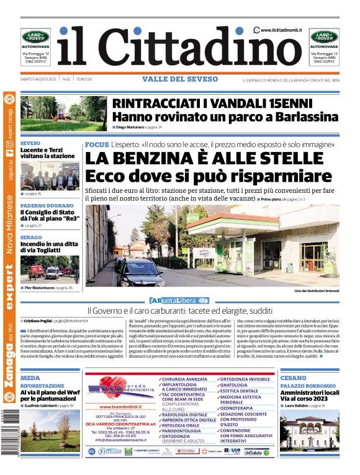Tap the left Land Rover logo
(36, 37)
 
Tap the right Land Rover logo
(325, 37)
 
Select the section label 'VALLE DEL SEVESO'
(180, 79)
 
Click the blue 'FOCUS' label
(96, 144)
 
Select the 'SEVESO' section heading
(30, 143)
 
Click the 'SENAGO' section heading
(31, 238)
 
